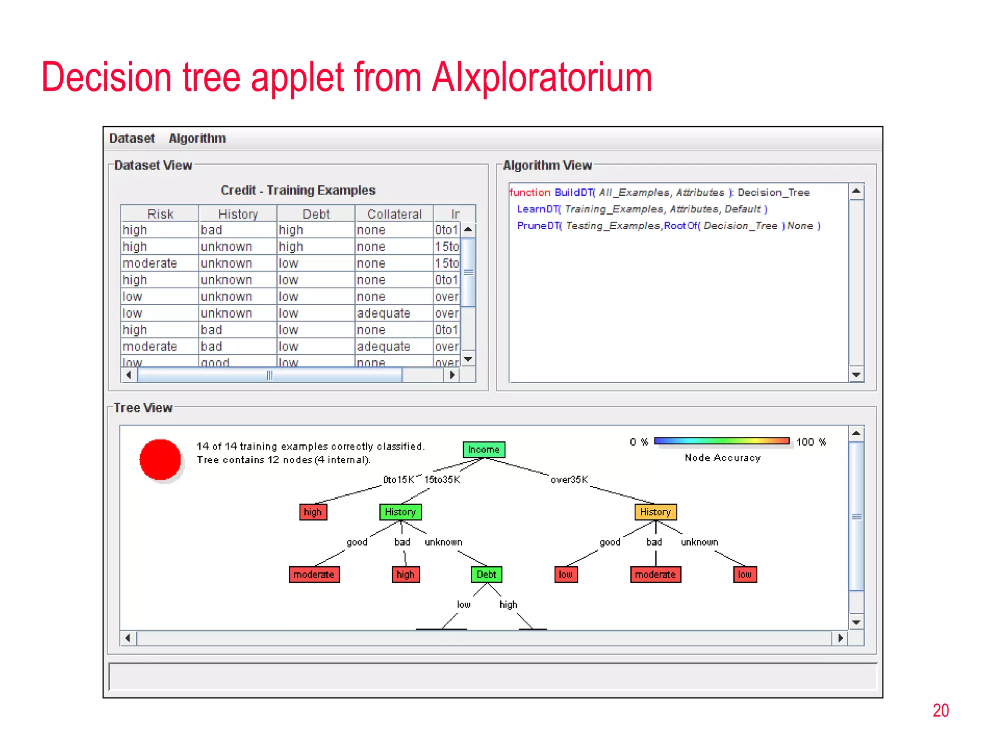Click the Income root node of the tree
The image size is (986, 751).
pos(483,449)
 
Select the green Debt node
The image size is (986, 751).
pos(486,574)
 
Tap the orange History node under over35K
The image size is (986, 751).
pos(655,512)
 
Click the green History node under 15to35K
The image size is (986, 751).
pos(400,512)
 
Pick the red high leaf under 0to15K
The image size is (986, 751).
pos(313,512)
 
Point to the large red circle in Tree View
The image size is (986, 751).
pos(160,459)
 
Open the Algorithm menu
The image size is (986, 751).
pos(197,139)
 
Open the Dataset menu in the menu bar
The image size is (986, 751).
pos(132,139)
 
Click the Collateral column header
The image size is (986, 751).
pos(394,214)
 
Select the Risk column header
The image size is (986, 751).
pos(160,214)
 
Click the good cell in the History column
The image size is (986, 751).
pos(215,363)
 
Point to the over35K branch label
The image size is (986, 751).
pos(569,479)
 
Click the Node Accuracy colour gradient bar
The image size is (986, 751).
pos(722,441)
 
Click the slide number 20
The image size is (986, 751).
pos(940,711)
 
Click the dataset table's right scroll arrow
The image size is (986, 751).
pos(452,375)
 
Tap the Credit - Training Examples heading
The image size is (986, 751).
pos(298,190)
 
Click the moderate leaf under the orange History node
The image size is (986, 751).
pos(655,574)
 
